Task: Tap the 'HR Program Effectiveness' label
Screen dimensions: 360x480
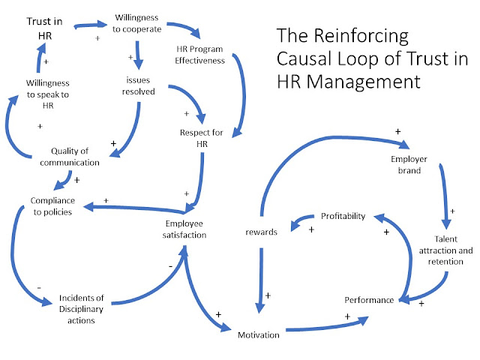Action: click(196, 55)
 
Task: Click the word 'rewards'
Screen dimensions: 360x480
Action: click(262, 232)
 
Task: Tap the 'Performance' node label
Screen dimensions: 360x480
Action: click(368, 300)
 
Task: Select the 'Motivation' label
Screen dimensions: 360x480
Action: click(259, 334)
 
